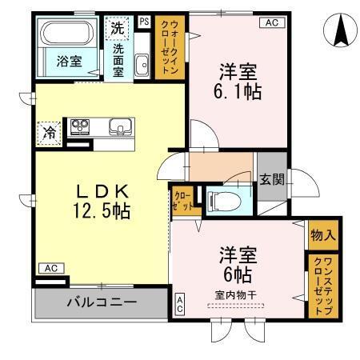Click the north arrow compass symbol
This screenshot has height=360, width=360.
[x=339, y=30]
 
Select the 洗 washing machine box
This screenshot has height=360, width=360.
[x=118, y=27]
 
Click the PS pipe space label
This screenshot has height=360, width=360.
[x=143, y=22]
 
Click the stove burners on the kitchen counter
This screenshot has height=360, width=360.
[x=81, y=126]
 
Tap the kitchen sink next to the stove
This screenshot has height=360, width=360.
[x=118, y=126]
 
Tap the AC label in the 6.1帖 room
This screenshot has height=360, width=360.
[x=270, y=22]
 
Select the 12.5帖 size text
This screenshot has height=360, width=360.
[x=103, y=212]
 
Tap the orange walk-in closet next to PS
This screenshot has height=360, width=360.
[x=170, y=48]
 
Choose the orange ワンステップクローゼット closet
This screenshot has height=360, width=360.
[x=322, y=286]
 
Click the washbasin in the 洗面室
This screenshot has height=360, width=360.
[x=142, y=66]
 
